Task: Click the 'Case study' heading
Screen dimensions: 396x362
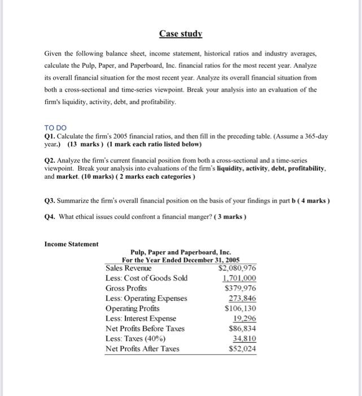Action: (180, 33)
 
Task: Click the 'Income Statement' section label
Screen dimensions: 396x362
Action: (71, 244)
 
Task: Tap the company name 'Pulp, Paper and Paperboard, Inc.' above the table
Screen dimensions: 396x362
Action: (181, 252)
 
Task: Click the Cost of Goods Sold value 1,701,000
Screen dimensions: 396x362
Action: (239, 278)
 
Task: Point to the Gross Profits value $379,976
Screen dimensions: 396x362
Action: (241, 288)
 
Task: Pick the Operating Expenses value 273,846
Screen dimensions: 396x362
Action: (242, 298)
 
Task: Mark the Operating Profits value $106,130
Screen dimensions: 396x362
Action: (241, 308)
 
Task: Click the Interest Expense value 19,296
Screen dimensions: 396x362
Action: (244, 318)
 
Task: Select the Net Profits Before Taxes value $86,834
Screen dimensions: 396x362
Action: (242, 328)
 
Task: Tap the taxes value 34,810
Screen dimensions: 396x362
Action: (244, 338)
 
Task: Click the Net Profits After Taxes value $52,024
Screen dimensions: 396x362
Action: (242, 348)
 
